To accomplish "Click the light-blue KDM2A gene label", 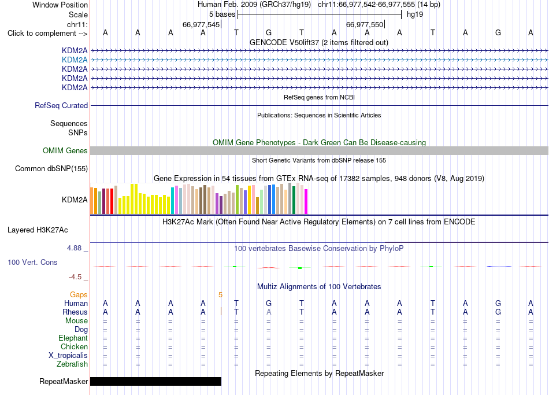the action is coord(75,60).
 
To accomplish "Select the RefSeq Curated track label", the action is coord(61,105).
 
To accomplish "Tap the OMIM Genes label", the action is coord(65,151).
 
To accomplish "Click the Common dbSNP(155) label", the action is coord(51,169).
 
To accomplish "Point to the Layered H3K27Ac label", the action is coord(38,230).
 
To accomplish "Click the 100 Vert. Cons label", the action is coord(32,262).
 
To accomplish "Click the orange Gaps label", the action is coord(79,295).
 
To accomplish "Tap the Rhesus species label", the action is coord(75,312).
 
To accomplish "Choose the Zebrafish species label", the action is coord(72,364).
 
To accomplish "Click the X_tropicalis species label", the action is coord(68,356).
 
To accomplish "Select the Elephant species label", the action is coord(73,338).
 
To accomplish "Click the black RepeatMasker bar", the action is coord(156,381).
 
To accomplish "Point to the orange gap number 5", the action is coord(220,295).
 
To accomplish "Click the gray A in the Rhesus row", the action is coord(269,312).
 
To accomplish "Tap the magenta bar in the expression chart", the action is coord(306,201).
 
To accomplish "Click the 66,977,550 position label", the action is coord(365,24).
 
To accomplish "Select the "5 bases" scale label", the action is coord(222,14).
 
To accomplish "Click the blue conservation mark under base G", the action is coord(499,267).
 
